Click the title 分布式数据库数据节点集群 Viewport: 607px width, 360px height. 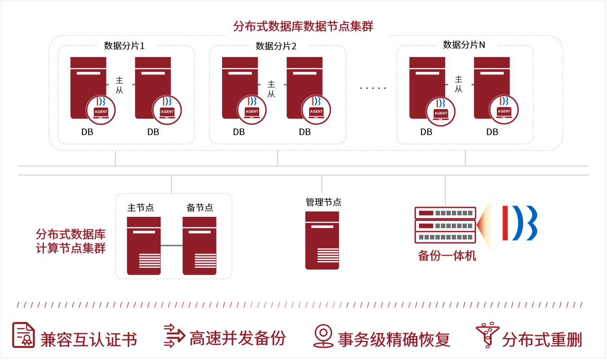[303, 26]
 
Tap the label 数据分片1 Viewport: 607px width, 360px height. [124, 45]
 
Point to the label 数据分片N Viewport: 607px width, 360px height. [464, 45]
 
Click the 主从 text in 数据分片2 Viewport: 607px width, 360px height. [271, 88]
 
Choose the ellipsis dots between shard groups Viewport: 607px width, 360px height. [373, 88]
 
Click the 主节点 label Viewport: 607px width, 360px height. [140, 207]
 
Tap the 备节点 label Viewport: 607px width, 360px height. [200, 207]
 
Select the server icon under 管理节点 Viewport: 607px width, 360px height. [322, 240]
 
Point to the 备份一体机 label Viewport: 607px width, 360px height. [447, 256]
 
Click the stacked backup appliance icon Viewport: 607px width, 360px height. [445, 225]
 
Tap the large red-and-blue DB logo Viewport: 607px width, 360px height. [520, 223]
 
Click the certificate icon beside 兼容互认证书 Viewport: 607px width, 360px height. [23, 335]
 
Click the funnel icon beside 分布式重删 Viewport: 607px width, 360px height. [487, 335]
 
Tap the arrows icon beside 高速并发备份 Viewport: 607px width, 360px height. [174, 335]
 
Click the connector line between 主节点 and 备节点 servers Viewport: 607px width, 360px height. [171, 246]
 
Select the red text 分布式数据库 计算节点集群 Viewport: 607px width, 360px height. [70, 241]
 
